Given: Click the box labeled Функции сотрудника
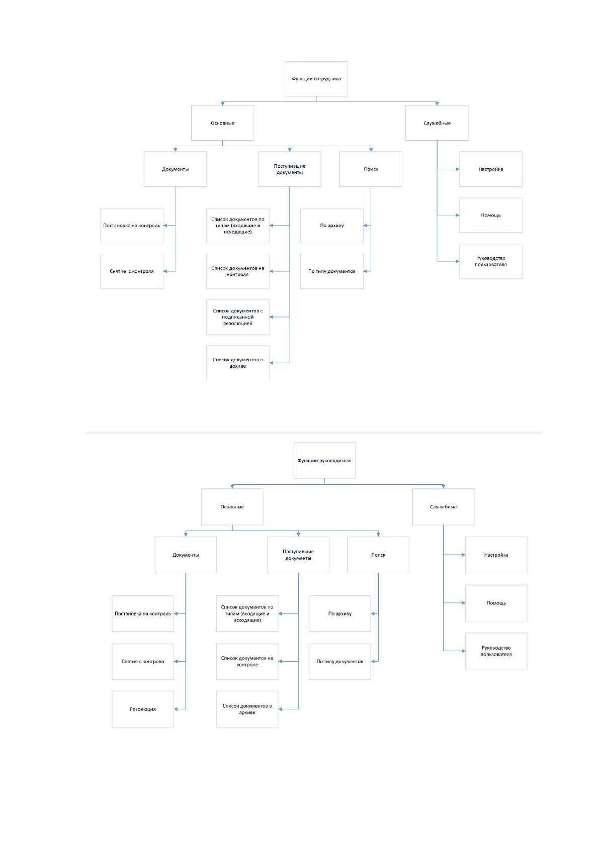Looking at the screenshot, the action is (x=316, y=79).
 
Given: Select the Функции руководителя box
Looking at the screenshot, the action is (x=324, y=460).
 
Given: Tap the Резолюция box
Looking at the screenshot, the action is (x=143, y=709).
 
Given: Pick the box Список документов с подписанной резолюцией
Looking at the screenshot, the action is (x=238, y=317).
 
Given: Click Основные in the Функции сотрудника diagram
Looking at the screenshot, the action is (x=222, y=123).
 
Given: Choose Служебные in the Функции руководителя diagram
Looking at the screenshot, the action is (x=443, y=506).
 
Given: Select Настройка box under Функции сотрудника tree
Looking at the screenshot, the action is (x=491, y=169).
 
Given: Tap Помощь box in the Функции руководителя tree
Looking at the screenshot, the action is (x=496, y=603).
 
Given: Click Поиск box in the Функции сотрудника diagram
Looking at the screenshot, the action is (x=371, y=169).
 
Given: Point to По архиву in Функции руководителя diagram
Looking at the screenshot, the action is (x=340, y=613).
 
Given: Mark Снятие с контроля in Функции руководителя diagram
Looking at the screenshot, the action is (x=143, y=661).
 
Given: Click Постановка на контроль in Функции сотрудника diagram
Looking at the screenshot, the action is (x=132, y=226).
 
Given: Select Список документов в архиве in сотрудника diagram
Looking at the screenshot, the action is (x=238, y=363).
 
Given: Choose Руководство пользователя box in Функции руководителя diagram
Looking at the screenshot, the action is (x=496, y=651).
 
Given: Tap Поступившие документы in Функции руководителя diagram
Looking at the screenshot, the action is (x=298, y=555).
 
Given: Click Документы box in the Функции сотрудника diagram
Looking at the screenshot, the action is (x=175, y=169).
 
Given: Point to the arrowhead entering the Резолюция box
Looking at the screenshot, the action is (x=176, y=709).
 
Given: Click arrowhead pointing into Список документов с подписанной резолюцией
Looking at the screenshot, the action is (x=272, y=317).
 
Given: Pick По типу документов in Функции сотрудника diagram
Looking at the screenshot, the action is (x=332, y=271).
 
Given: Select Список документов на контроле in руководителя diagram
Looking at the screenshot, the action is (x=247, y=661).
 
